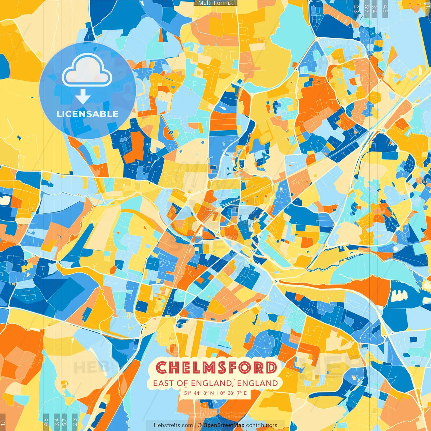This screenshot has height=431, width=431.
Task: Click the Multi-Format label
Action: click(x=215, y=3)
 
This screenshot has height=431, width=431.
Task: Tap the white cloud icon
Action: click(x=87, y=70)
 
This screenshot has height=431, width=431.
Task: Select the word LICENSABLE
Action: click(x=87, y=114)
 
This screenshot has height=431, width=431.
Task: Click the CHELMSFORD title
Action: click(x=217, y=368)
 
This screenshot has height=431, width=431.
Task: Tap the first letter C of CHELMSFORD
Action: click(x=162, y=368)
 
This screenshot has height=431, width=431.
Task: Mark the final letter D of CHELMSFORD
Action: click(x=271, y=368)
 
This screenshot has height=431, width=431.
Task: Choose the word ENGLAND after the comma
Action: click(x=258, y=383)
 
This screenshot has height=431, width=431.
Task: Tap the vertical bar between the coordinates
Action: click(x=217, y=393)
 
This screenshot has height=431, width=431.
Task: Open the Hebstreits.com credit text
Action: click(x=173, y=425)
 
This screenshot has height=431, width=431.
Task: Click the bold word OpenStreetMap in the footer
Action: click(x=224, y=425)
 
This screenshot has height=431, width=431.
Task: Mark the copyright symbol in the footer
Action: click(x=200, y=425)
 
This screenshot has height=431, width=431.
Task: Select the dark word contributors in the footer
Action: click(x=262, y=425)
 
